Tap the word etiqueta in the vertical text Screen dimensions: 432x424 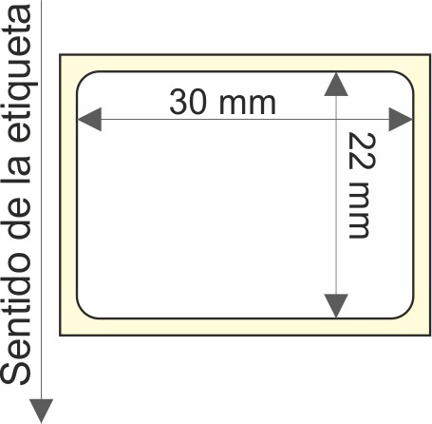click(x=19, y=73)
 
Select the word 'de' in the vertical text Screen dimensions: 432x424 click(x=15, y=218)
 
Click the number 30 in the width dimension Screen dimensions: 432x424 click(x=188, y=102)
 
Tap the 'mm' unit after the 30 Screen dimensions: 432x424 click(x=247, y=104)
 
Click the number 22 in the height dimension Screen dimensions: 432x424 click(x=362, y=150)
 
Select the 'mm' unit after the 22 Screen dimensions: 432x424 click(x=359, y=210)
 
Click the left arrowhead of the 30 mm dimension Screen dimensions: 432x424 click(x=89, y=120)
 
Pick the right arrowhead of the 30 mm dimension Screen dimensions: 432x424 click(x=401, y=120)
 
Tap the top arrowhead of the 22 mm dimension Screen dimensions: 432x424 click(x=336, y=85)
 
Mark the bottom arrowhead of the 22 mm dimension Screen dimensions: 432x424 click(x=336, y=306)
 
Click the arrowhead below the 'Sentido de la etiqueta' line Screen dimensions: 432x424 click(x=41, y=411)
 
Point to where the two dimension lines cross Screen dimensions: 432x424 click(x=336, y=120)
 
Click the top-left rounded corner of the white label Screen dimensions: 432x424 click(x=83, y=77)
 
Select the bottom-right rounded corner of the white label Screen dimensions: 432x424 click(x=407, y=313)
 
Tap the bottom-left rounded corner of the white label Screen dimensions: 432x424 click(x=83, y=313)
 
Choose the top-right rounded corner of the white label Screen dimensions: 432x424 click(x=407, y=77)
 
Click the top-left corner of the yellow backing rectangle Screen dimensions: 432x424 click(x=60, y=55)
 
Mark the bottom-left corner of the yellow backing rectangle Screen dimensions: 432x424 click(x=60, y=335)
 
